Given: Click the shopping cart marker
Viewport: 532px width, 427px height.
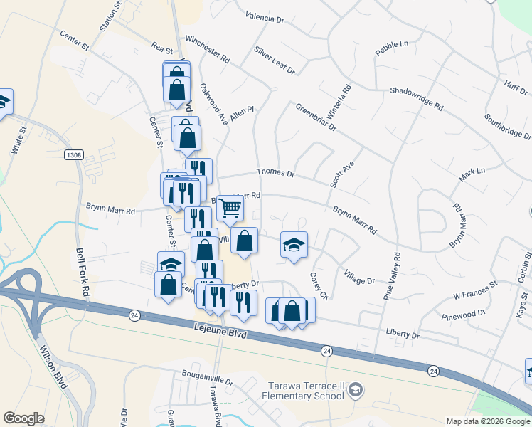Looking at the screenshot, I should [x=230, y=208].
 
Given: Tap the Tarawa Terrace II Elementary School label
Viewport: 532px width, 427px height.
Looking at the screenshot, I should [x=302, y=391].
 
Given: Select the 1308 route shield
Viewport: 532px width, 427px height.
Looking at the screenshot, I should [x=73, y=155].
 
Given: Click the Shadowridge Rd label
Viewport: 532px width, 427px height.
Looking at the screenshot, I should [x=416, y=98].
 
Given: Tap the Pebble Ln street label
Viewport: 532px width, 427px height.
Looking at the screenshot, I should [x=391, y=48].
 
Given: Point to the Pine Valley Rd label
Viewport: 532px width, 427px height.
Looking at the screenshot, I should [x=391, y=275].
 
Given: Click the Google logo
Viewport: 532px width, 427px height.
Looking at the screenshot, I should [x=24, y=418].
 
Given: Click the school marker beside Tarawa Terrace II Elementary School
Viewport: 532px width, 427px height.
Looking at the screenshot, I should [x=356, y=389].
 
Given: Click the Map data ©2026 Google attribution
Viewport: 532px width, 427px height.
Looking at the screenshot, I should [x=488, y=421].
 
